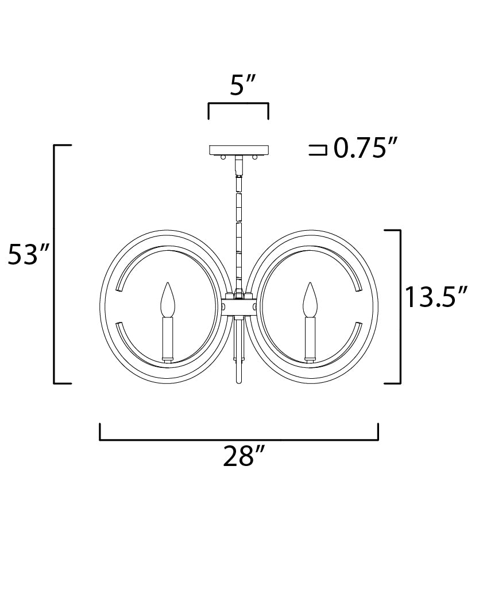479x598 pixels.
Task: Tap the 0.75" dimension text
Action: click(366, 148)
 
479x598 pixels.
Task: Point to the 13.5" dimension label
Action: click(436, 297)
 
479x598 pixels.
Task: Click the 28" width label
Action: click(244, 456)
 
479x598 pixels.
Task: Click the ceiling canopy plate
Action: click(239, 150)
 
